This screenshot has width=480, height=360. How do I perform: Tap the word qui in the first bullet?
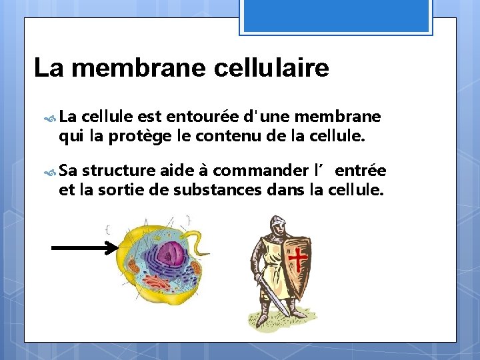pos(67,138)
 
